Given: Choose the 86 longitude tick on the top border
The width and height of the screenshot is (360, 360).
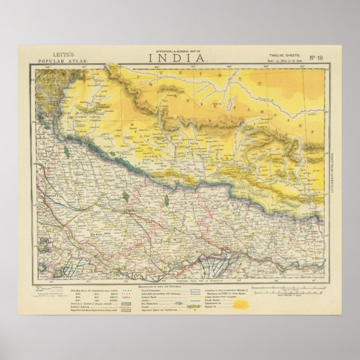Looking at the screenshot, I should click(266, 68).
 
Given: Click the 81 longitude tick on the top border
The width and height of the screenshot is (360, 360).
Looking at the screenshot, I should click(84, 68).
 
